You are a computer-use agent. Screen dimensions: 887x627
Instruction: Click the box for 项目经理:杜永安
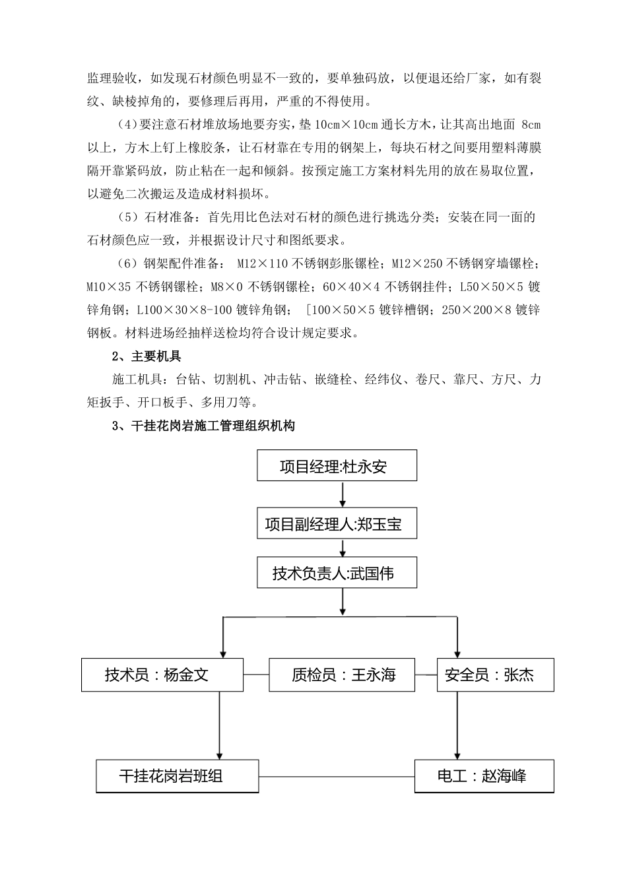coord(337,466)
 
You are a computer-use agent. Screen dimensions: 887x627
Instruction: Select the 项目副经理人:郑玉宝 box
coord(337,525)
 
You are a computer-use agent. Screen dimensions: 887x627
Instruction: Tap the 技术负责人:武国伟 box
coord(337,573)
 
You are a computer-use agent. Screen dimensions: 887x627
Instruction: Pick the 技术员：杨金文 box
coord(162,674)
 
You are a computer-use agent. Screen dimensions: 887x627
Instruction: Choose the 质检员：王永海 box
coord(342,674)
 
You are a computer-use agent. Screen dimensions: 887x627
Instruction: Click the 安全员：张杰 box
coord(495,674)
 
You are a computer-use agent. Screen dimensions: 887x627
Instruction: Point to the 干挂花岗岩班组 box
coord(177,776)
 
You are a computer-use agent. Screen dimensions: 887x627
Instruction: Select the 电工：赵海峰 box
coord(484,776)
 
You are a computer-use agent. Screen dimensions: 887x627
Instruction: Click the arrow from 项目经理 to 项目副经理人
coord(343,495)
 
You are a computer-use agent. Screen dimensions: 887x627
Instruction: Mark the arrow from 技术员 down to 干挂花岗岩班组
coord(219,726)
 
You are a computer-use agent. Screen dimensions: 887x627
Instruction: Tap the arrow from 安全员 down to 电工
coord(457,726)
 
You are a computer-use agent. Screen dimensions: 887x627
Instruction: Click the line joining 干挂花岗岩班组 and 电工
coord(337,777)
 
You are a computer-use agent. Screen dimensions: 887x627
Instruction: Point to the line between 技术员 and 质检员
coord(256,674)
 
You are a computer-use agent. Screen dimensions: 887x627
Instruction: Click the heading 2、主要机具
coord(147,356)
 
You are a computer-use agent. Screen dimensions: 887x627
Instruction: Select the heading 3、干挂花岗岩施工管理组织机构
coord(203,426)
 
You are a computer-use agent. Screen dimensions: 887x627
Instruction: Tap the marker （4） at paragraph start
coord(125,125)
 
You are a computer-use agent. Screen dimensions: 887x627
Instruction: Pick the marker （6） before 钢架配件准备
coord(126,264)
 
